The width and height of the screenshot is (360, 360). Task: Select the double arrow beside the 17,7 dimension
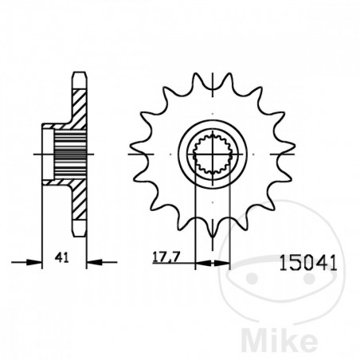click(x=210, y=260)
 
